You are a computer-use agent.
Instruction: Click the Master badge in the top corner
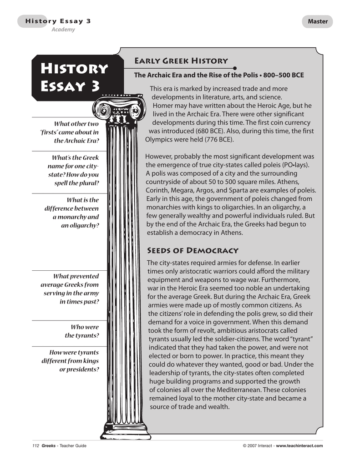point(317,21)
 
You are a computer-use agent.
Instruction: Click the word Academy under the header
point(62,30)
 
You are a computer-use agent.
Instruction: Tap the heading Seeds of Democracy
point(193,250)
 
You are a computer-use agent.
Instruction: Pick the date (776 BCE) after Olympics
point(212,139)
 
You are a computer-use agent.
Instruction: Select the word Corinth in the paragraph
point(157,190)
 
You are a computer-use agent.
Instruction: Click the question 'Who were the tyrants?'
point(82,331)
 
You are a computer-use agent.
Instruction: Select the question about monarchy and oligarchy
point(71,213)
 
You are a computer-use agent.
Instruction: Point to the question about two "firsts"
point(70,132)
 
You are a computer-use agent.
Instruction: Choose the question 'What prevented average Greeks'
point(70,289)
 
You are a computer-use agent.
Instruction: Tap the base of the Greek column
point(125,428)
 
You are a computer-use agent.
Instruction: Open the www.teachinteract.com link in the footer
point(299,446)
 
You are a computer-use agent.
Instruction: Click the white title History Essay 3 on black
point(74,77)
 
